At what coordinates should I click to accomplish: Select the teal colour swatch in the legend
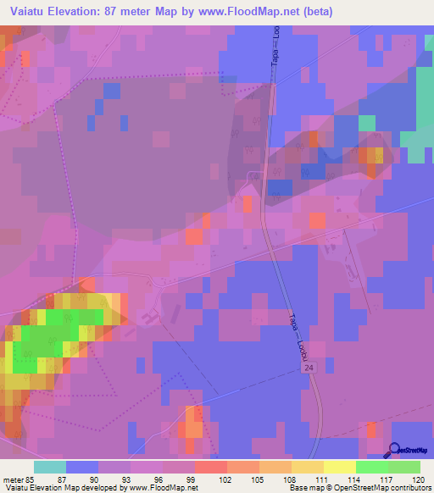point(50,467)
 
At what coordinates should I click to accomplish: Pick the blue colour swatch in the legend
point(82,467)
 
